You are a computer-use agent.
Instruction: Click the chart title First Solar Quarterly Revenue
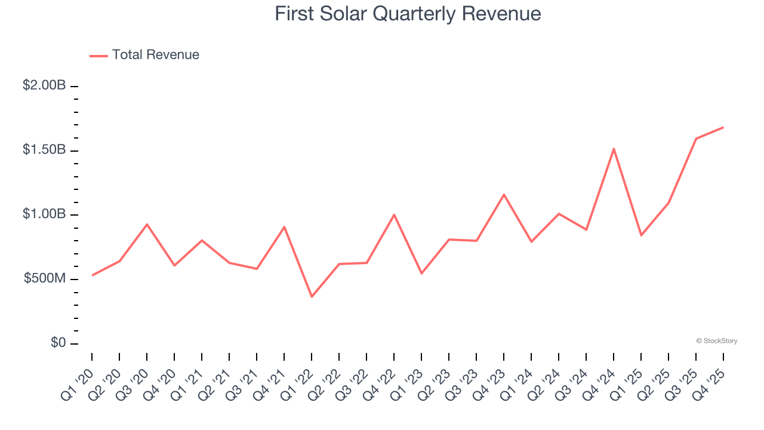pos(408,14)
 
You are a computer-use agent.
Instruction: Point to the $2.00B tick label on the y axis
pos(44,86)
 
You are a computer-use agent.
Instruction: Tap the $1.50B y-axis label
pos(44,150)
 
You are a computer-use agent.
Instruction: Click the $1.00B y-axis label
pos(44,214)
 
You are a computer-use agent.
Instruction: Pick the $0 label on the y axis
pos(57,343)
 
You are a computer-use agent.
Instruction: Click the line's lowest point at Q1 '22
pos(312,297)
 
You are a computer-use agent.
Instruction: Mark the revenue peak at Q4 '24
pos(614,149)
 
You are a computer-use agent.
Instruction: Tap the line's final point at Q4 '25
pos(723,127)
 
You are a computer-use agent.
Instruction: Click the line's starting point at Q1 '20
pos(92,275)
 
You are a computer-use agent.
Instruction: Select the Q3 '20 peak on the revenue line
pos(147,224)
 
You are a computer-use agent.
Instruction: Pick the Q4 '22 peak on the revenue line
pos(394,214)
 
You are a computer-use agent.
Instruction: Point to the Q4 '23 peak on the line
pos(504,195)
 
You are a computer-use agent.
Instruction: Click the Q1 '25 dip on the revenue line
pos(641,235)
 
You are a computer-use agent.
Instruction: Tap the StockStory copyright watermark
pos(716,341)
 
